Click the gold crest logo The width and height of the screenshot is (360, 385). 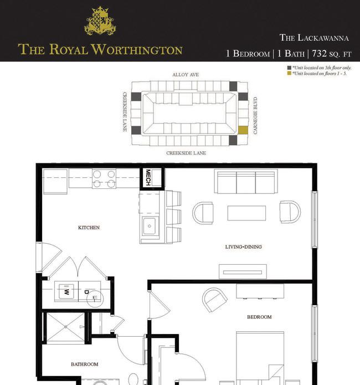(100, 20)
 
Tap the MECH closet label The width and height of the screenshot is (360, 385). (148, 177)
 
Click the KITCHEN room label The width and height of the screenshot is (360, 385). (89, 228)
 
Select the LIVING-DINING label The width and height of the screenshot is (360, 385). (243, 247)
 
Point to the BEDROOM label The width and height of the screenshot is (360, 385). (259, 317)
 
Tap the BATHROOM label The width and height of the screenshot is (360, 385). (85, 365)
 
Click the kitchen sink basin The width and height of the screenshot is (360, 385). (150, 225)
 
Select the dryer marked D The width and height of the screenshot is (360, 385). (89, 291)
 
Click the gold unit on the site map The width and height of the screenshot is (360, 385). (243, 130)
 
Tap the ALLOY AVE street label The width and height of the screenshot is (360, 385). (186, 75)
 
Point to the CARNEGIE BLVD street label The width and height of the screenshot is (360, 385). (255, 115)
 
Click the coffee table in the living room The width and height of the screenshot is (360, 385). (246, 213)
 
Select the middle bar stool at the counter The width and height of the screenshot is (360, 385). (173, 217)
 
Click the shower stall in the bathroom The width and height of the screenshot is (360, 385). (65, 327)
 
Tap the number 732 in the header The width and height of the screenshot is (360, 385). (319, 53)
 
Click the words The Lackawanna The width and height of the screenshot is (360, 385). (314, 38)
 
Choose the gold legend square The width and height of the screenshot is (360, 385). (289, 73)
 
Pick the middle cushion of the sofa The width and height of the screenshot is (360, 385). (246, 182)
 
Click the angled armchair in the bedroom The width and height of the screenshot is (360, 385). (215, 300)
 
